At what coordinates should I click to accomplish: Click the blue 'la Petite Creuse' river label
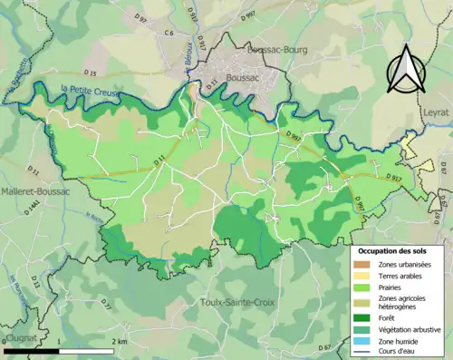point(91,88)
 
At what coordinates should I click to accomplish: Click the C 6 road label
point(169,34)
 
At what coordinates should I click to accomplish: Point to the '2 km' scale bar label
point(118,341)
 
